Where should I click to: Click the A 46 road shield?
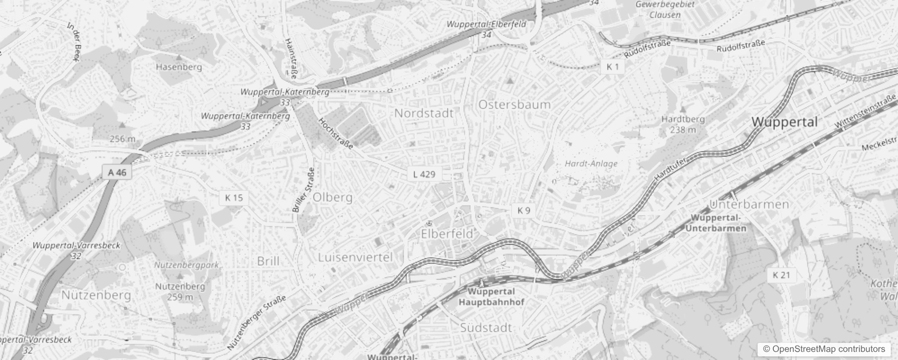pos(117,172)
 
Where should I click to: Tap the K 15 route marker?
pos(234,198)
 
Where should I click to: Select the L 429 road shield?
pos(424,174)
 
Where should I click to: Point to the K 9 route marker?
pos(524,210)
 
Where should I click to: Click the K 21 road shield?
pos(781,275)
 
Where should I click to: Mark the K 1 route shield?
pos(613,67)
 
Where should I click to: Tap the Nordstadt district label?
pos(424,113)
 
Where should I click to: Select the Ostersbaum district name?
pos(514,105)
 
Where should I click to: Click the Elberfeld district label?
pos(447,234)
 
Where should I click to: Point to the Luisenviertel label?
pos(355,257)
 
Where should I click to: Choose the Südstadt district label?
pos(486,328)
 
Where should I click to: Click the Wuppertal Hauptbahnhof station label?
pos(491,297)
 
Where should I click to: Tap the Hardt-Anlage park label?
pos(591,163)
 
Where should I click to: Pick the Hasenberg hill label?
pos(179,67)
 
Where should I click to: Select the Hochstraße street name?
pos(336,133)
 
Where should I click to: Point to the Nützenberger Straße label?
pos(257,322)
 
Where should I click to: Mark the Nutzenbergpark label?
pos(186,265)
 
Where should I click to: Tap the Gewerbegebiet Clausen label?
pos(665,9)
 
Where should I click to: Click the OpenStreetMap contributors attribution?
pos(823,349)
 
